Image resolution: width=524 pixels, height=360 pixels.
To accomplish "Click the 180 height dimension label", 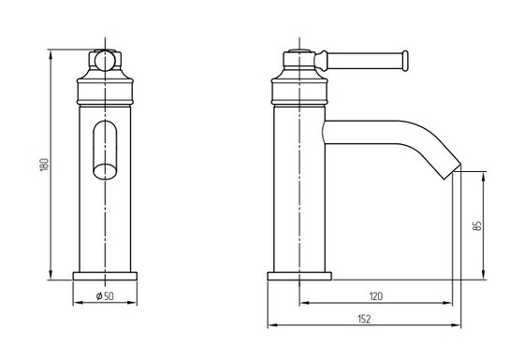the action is [45, 165].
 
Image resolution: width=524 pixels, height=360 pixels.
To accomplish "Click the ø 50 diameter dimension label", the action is [105, 295].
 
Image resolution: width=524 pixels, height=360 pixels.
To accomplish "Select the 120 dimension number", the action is [376, 295].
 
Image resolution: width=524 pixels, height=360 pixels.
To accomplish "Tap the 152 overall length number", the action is [364, 319].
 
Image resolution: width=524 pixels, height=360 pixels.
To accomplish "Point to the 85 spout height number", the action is [477, 225].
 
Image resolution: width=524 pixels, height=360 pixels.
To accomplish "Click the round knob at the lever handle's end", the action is [405, 61].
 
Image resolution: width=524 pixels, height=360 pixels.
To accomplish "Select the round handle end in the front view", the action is [105, 61].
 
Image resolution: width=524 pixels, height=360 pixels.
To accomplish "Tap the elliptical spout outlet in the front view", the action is [105, 172].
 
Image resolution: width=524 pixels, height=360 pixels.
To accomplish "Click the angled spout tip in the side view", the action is [453, 171].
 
